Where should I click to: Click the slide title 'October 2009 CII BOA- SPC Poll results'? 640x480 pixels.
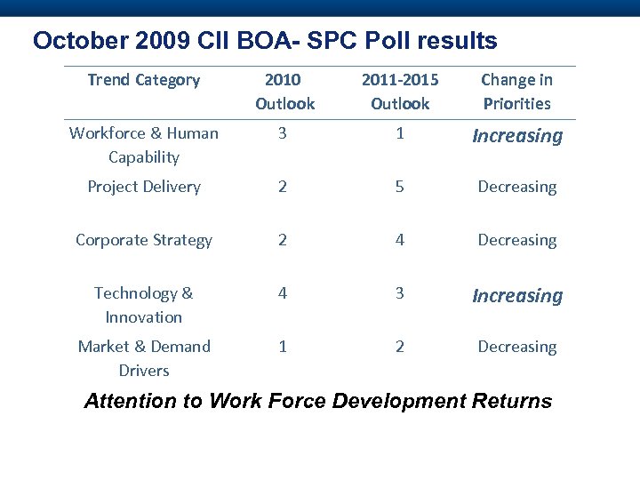pyautogui.click(x=265, y=41)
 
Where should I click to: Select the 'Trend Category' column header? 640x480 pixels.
pyautogui.click(x=144, y=80)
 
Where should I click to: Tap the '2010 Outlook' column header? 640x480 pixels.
pyautogui.click(x=284, y=92)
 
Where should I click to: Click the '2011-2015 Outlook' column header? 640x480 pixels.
pyautogui.click(x=400, y=92)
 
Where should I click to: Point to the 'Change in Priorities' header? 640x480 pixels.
pyautogui.click(x=516, y=92)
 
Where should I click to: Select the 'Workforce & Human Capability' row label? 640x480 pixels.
pyautogui.click(x=144, y=145)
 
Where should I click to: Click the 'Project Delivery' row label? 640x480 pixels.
pyautogui.click(x=144, y=187)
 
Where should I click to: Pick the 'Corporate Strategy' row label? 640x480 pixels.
pyautogui.click(x=144, y=240)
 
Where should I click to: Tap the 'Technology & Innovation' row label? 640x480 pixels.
pyautogui.click(x=144, y=305)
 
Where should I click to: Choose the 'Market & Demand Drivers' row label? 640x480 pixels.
pyautogui.click(x=144, y=358)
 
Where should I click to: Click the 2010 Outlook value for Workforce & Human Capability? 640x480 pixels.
pyautogui.click(x=283, y=133)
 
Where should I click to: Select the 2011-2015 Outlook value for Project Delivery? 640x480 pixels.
pyautogui.click(x=400, y=187)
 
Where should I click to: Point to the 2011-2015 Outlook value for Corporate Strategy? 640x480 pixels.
pyautogui.click(x=400, y=240)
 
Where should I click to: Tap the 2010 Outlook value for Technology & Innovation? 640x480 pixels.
pyautogui.click(x=283, y=293)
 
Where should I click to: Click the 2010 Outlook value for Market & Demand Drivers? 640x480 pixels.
pyautogui.click(x=283, y=347)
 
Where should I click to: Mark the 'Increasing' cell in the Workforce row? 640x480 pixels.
pyautogui.click(x=517, y=136)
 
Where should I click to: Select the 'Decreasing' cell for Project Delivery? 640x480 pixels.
pyautogui.click(x=517, y=187)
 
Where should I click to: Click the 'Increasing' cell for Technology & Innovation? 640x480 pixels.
pyautogui.click(x=517, y=296)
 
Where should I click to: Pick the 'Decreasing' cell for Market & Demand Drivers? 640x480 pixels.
pyautogui.click(x=517, y=347)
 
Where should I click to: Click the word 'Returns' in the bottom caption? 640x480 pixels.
pyautogui.click(x=513, y=401)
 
